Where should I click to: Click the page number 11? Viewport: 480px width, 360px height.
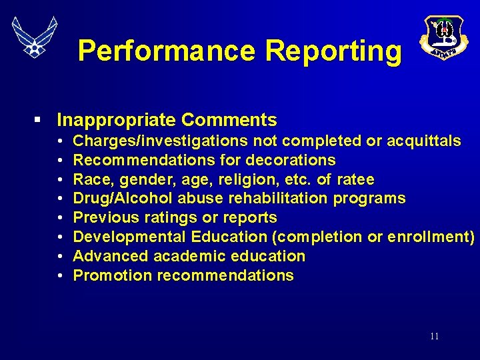(434, 337)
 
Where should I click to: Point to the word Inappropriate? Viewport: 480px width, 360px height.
(117, 120)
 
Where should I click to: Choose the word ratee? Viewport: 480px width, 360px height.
(356, 179)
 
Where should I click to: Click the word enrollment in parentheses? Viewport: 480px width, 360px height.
(426, 237)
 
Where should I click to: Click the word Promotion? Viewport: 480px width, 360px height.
(107, 276)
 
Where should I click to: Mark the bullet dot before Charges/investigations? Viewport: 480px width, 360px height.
(60, 141)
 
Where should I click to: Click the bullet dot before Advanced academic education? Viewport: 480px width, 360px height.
(60, 257)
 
